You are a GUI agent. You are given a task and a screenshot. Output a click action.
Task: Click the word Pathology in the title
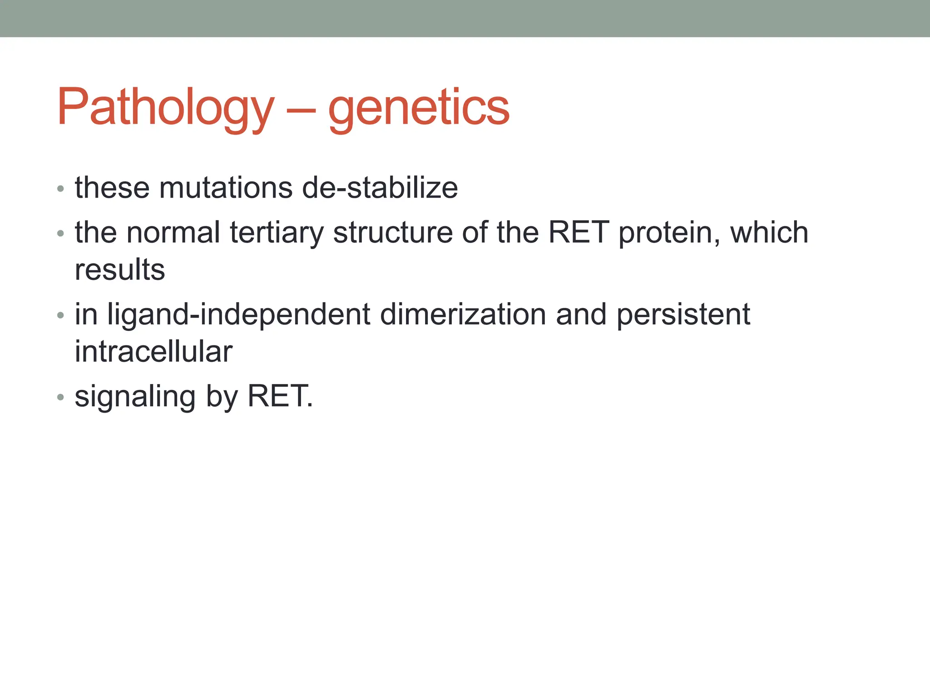166,107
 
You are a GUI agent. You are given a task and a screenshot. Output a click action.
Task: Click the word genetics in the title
419,107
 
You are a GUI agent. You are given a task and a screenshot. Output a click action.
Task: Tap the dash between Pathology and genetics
301,110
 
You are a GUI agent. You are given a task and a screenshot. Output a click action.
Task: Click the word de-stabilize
380,188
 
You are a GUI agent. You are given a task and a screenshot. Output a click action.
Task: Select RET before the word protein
579,232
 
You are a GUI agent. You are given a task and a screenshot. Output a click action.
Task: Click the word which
769,232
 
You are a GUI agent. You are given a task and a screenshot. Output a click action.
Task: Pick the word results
120,269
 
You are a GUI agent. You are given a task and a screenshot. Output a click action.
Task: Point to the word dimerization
463,314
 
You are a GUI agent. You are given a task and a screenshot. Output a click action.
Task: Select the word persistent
683,314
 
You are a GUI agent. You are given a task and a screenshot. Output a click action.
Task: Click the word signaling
135,397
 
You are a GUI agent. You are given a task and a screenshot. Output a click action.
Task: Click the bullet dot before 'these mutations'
61,189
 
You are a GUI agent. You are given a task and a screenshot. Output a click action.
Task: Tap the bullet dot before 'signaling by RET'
61,398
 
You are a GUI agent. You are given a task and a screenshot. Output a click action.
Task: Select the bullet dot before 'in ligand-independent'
61,315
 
